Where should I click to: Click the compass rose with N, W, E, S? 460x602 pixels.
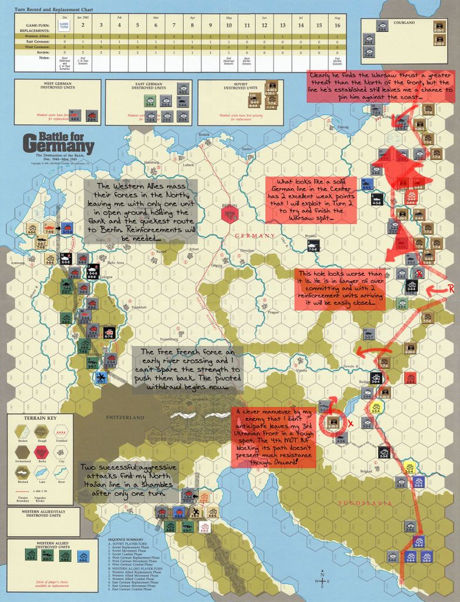point(323,580)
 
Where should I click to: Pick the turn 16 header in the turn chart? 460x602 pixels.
point(337,24)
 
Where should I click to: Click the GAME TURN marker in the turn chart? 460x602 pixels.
point(65,24)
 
